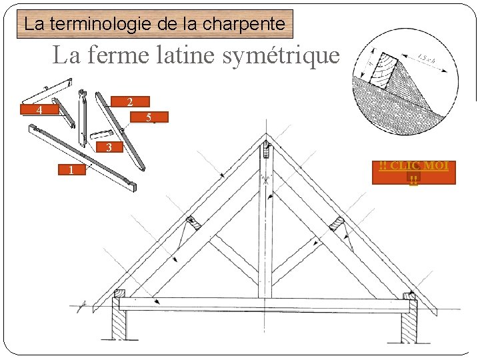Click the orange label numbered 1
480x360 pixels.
[x=70, y=170]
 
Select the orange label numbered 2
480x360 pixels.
[x=129, y=102]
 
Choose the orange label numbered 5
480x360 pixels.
[x=149, y=118]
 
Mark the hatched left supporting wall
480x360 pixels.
[x=119, y=326]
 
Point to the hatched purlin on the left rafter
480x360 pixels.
[x=194, y=223]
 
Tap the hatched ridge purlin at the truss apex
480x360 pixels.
[x=266, y=149]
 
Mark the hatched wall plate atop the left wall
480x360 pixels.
[x=120, y=293]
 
